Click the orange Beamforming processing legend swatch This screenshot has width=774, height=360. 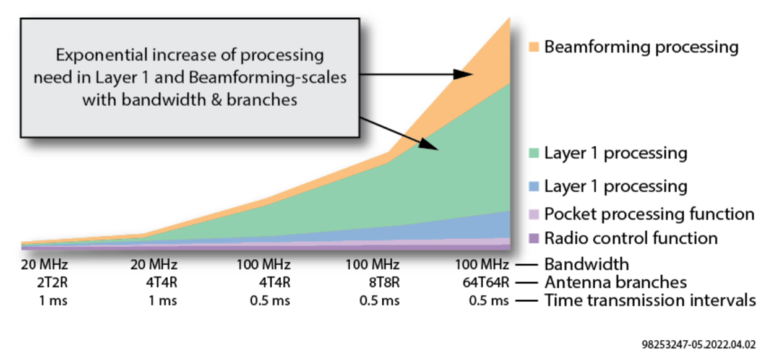[534, 47]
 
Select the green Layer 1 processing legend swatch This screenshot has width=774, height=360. [534, 153]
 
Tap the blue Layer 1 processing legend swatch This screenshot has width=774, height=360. [534, 187]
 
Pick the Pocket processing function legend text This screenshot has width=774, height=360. [649, 214]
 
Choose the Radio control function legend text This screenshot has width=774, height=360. [631, 238]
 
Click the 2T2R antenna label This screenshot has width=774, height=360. [53, 283]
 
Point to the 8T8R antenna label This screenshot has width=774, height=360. [384, 283]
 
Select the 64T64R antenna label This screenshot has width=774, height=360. [486, 283]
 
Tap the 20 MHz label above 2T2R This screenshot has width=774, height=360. [45, 265]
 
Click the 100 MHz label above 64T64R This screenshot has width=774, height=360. [482, 265]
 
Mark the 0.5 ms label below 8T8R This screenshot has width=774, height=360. [379, 301]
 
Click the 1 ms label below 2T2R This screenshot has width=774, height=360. [53, 301]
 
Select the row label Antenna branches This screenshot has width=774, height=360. [616, 283]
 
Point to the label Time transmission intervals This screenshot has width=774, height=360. [650, 300]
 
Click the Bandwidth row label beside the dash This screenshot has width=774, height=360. [587, 264]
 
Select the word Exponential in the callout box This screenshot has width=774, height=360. [102, 55]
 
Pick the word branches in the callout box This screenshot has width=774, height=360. [262, 100]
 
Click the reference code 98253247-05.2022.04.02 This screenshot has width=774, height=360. [699, 345]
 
